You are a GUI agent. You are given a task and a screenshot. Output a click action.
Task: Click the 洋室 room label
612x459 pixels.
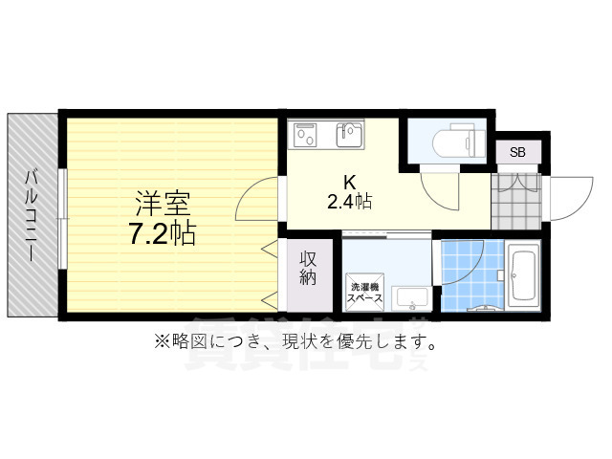tap(162, 204)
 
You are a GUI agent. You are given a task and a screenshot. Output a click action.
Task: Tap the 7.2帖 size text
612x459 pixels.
tap(162, 232)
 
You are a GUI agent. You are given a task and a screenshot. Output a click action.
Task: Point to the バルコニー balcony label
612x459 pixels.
tap(32, 215)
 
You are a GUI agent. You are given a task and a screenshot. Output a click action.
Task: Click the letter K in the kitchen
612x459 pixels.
tap(350, 181)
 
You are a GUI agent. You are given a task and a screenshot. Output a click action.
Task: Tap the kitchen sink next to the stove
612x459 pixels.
tap(349, 134)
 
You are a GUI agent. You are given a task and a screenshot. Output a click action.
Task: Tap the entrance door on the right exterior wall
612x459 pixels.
tap(563, 196)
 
